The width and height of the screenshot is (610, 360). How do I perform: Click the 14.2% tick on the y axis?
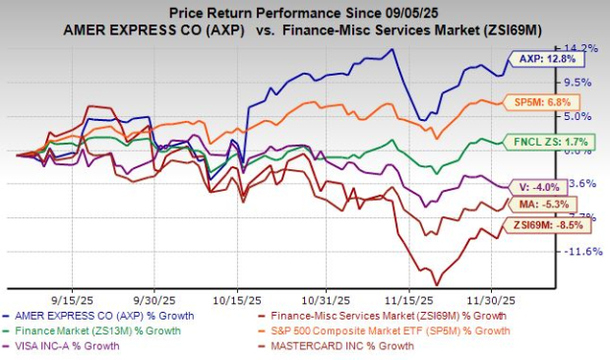point(580,48)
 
